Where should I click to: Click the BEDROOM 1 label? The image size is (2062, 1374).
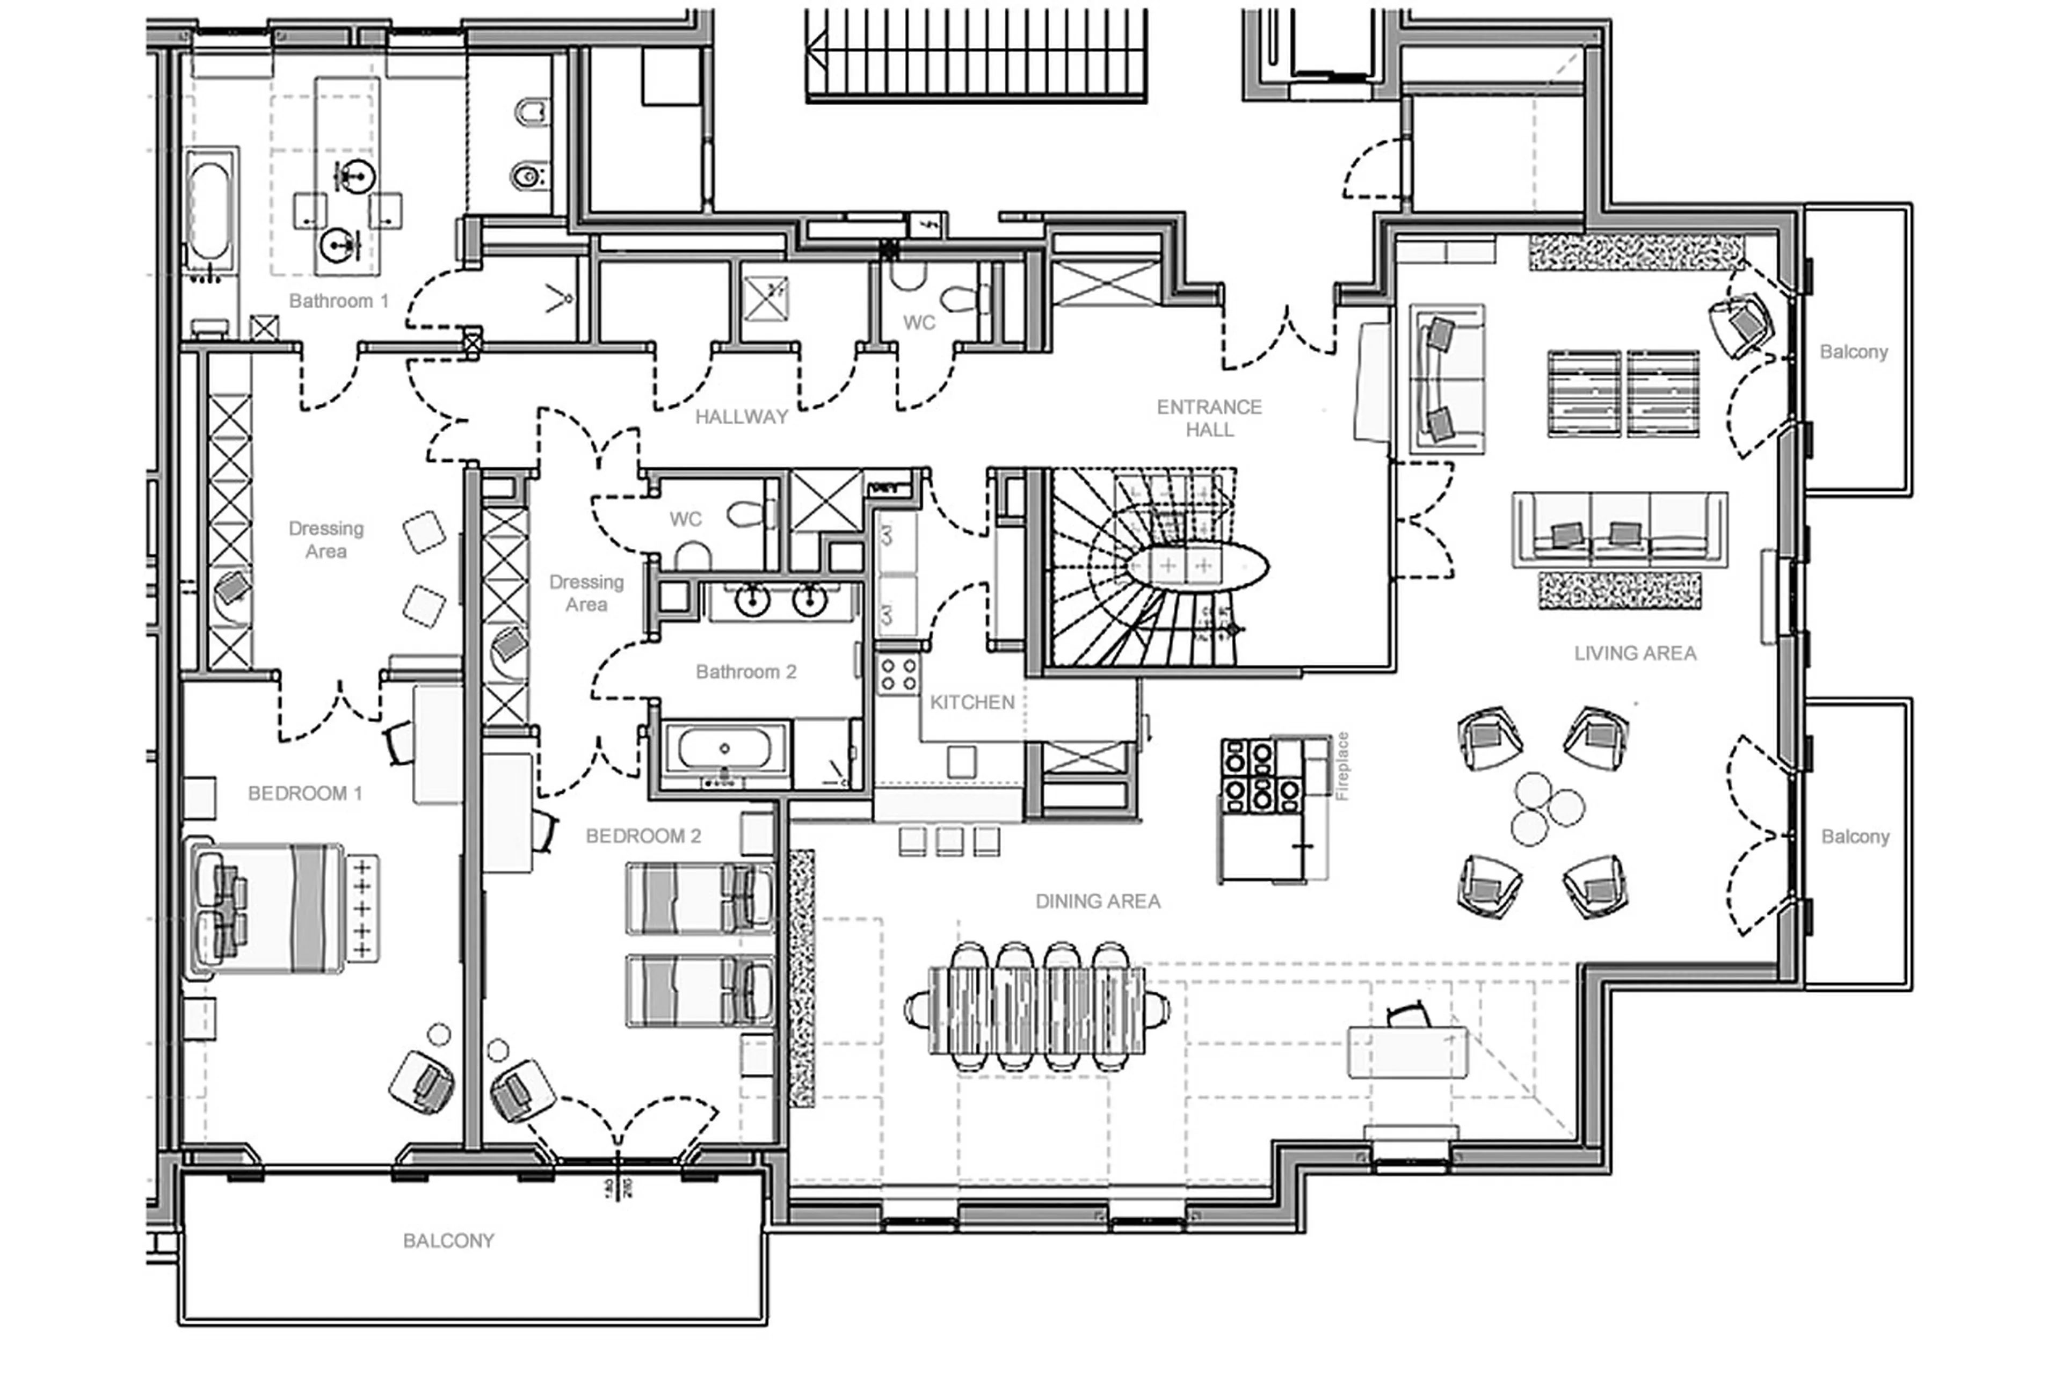point(304,793)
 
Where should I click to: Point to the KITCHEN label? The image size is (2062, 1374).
point(972,702)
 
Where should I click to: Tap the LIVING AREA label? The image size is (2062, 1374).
point(1635,653)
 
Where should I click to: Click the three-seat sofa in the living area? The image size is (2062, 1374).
point(1620,528)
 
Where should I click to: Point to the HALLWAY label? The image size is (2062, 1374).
point(742,417)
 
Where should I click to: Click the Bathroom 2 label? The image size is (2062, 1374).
point(746,672)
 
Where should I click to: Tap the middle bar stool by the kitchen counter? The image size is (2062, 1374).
point(949,841)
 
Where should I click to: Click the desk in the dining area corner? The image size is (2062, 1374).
point(1406,1051)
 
